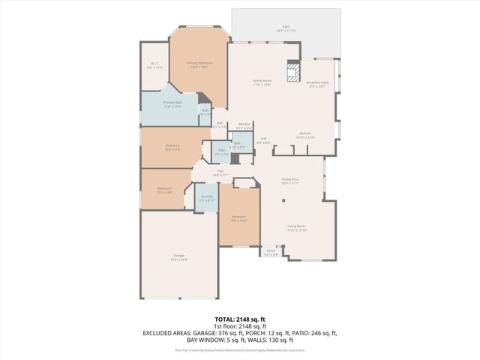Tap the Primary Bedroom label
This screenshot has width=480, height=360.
point(199,64)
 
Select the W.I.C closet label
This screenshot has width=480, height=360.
point(155,65)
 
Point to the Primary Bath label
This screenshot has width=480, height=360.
point(173,103)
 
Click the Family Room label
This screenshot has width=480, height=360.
point(261,82)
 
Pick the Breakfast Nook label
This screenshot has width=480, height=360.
point(317,84)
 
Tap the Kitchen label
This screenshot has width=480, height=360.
point(304,135)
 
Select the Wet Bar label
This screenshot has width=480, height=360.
point(244,125)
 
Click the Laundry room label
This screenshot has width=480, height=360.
point(207,198)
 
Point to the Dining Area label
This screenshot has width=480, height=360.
point(290,181)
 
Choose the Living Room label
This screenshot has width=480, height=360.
point(296,228)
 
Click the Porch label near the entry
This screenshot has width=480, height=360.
point(271,252)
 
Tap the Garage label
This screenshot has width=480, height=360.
point(179,256)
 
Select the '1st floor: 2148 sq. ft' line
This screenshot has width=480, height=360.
point(239,326)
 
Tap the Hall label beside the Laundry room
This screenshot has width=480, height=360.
point(220,172)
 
